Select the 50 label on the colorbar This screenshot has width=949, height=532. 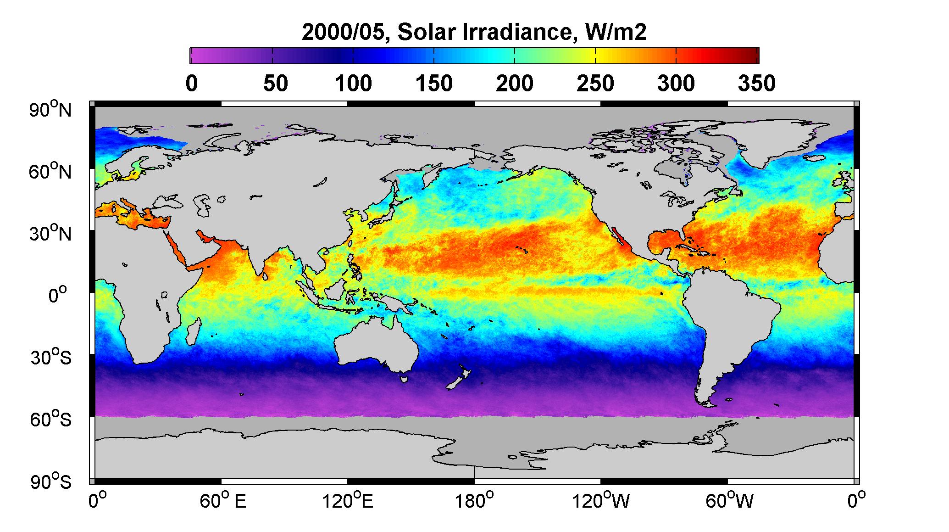275,84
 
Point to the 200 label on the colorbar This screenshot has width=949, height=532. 514,84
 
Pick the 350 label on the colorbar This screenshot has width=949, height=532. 756,84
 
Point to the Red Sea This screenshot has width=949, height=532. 178,251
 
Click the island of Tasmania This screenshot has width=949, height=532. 404,379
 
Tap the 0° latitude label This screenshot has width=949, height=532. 58,295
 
